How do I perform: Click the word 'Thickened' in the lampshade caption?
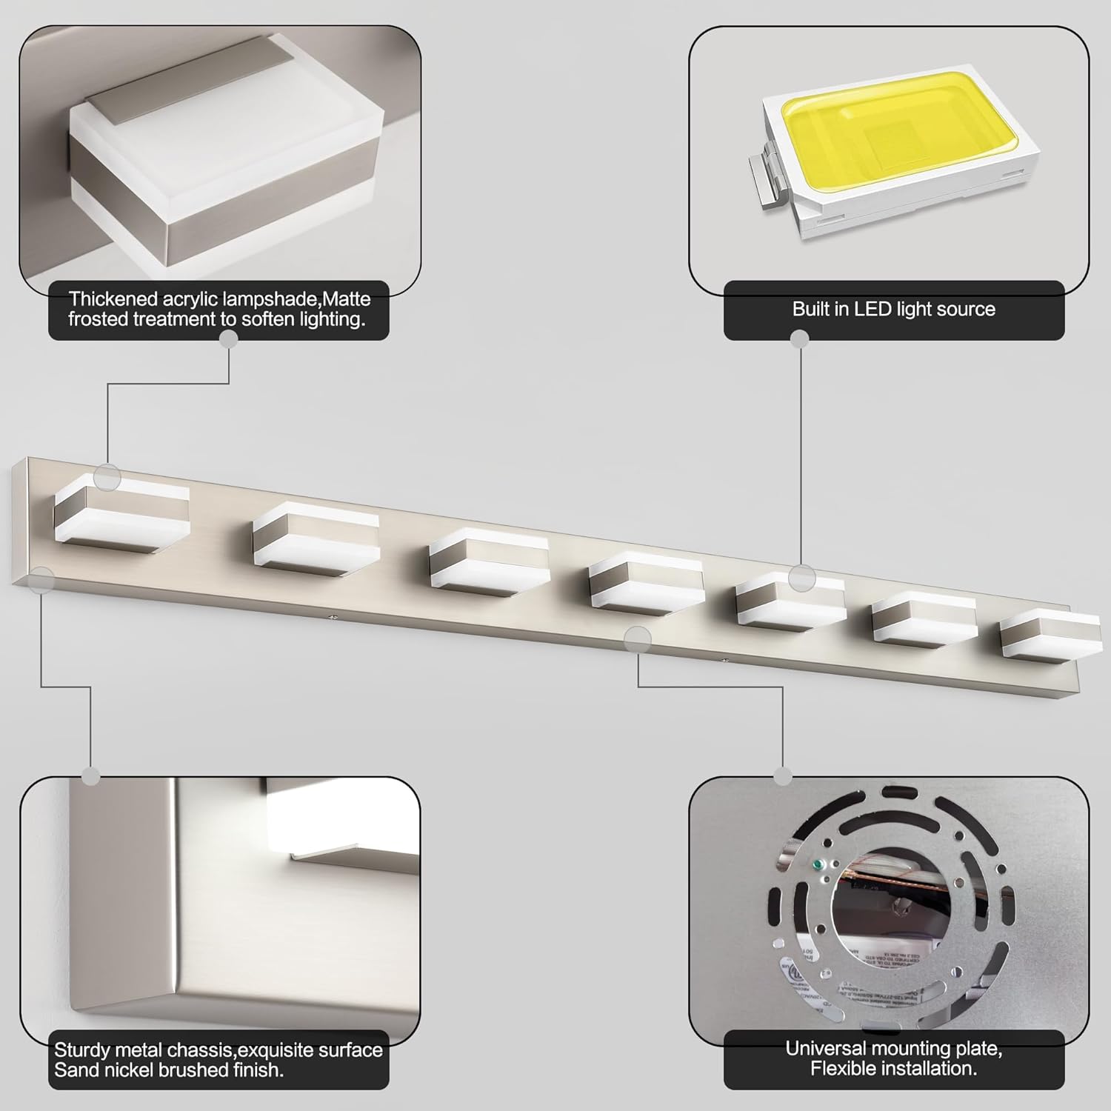point(113,300)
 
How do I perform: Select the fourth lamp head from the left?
point(646,584)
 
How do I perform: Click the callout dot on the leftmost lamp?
point(108,477)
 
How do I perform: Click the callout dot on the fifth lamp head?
point(801,577)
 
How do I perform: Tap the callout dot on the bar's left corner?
point(43,580)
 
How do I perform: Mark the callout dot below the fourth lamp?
point(638,638)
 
